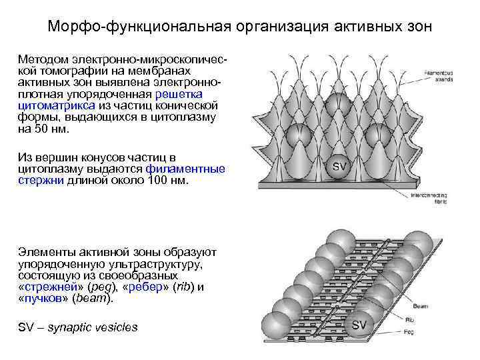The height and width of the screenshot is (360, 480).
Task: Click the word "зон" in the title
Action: tap(417, 27)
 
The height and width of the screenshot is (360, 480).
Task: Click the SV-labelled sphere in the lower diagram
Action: tap(359, 325)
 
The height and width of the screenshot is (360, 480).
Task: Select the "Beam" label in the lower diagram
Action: tap(420, 306)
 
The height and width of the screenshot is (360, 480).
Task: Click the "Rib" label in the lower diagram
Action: tap(419, 319)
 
